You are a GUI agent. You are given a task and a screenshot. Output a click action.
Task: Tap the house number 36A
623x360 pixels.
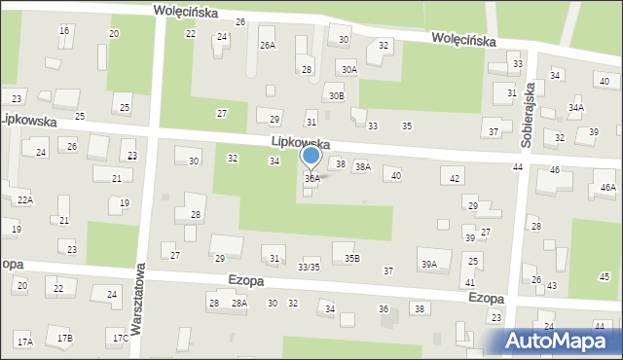coord(311,179)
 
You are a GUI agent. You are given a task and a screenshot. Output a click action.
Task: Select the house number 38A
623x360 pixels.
coord(362,167)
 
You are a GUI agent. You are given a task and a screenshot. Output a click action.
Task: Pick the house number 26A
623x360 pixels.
coord(267,45)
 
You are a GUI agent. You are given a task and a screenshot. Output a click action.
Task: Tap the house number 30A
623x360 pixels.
coord(348,69)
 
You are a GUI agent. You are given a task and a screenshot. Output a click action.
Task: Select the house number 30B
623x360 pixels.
coord(336,95)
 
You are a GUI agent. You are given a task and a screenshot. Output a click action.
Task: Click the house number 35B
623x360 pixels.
coord(351,258)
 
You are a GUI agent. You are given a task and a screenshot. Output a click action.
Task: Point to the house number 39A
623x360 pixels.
coord(428,264)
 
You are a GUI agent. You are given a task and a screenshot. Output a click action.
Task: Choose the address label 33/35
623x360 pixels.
coord(309,267)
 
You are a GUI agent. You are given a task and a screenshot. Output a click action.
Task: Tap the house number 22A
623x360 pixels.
coord(24,199)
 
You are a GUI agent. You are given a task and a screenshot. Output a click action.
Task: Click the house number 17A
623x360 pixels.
coord(24,342)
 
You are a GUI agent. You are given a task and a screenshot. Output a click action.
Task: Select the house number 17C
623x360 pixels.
coord(120,338)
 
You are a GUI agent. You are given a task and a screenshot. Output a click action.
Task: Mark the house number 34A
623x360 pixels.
coord(576,107)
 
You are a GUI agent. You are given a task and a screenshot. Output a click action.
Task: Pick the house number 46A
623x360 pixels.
coord(607,187)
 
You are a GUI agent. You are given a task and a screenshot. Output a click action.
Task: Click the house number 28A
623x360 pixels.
coord(238,304)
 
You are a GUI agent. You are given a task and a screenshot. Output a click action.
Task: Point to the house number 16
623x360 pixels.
coord(64,31)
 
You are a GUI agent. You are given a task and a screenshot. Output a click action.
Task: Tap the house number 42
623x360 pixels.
coord(455,179)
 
